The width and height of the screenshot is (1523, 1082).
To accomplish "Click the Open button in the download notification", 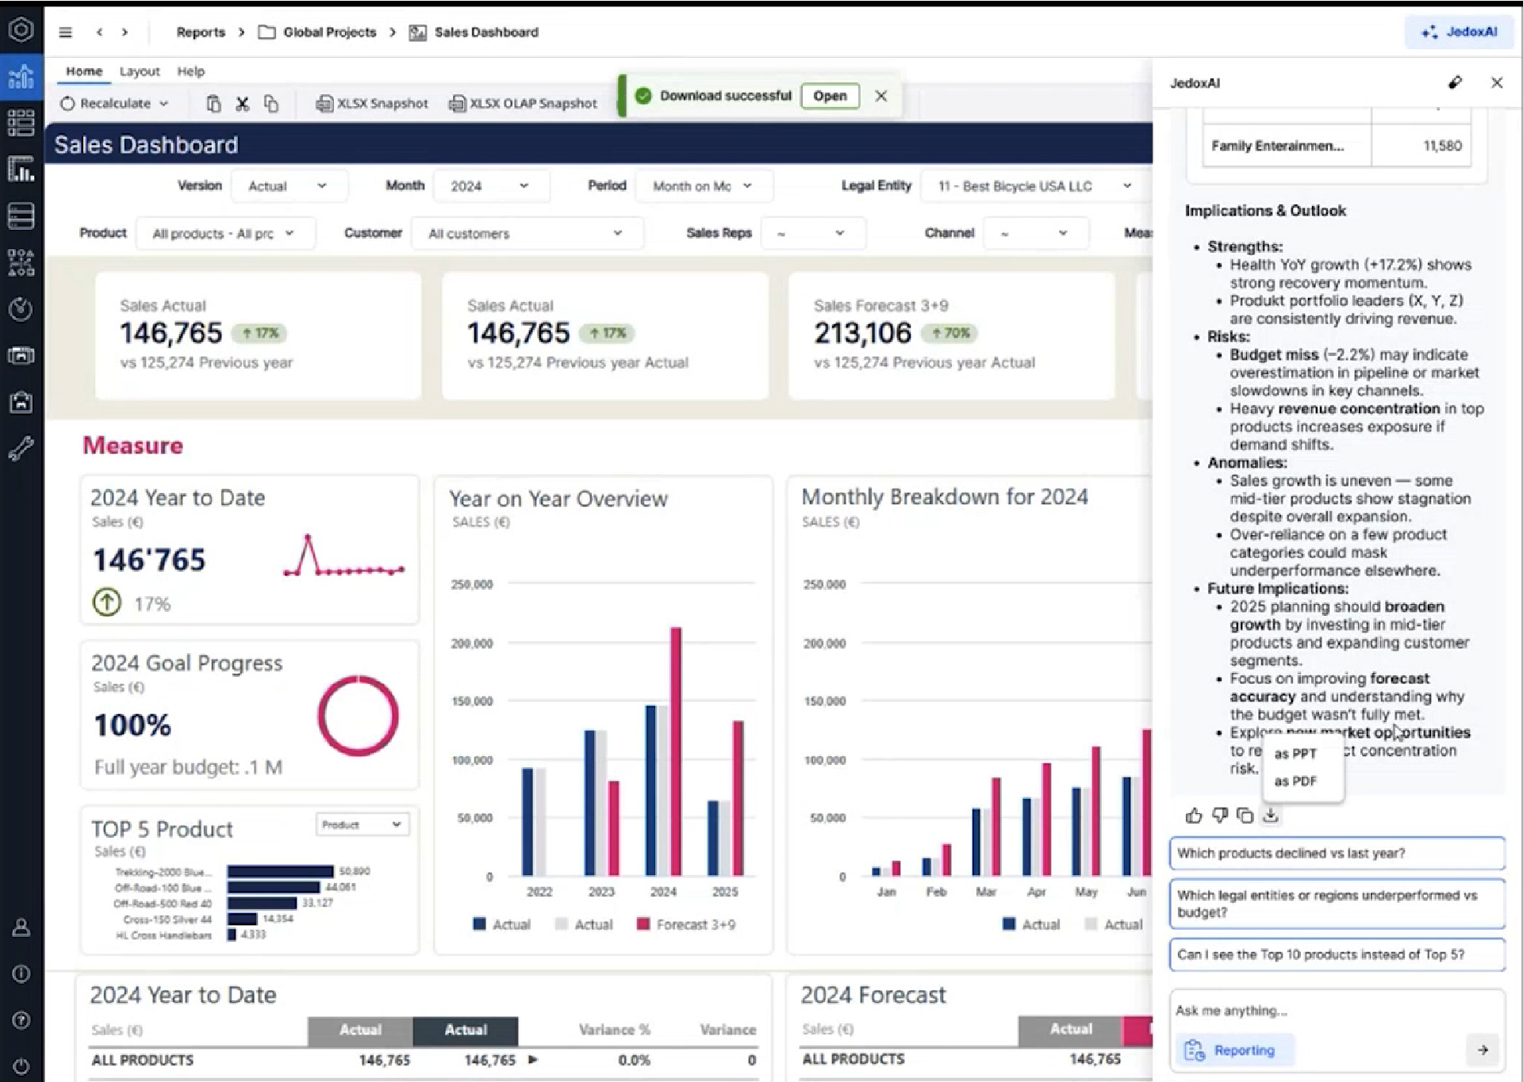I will click(829, 96).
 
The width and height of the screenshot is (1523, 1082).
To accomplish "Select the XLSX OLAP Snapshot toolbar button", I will click(524, 104).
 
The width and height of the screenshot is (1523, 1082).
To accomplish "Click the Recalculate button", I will click(114, 104).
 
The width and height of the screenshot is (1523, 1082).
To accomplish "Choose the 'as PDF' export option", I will click(1295, 782).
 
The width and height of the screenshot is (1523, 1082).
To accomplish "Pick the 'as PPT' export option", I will click(1295, 754).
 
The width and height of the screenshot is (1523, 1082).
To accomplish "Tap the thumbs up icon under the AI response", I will click(1194, 816).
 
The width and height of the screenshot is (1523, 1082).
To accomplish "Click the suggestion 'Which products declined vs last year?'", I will click(1337, 854).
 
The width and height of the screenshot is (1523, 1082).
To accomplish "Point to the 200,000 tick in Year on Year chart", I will click(472, 644).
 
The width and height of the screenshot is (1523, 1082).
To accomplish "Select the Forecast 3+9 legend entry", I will click(687, 924).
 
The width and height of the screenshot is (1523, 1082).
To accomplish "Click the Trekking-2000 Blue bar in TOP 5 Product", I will click(280, 871).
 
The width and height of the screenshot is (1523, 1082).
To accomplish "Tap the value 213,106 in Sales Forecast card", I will click(862, 334).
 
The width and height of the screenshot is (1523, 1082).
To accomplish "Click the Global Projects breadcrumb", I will click(329, 32).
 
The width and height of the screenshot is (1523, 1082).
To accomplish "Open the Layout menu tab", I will click(140, 71).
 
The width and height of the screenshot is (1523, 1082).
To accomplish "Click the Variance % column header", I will click(614, 1030).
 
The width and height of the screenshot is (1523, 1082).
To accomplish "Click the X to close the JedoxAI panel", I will click(1496, 83).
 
